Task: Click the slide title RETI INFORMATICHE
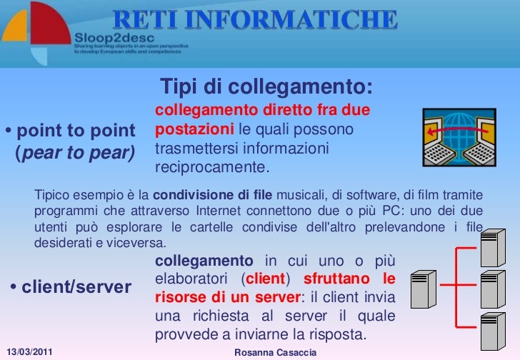[255, 20]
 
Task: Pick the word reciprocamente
[211, 169]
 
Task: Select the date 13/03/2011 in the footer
[29, 354]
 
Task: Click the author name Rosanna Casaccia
[275, 354]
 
